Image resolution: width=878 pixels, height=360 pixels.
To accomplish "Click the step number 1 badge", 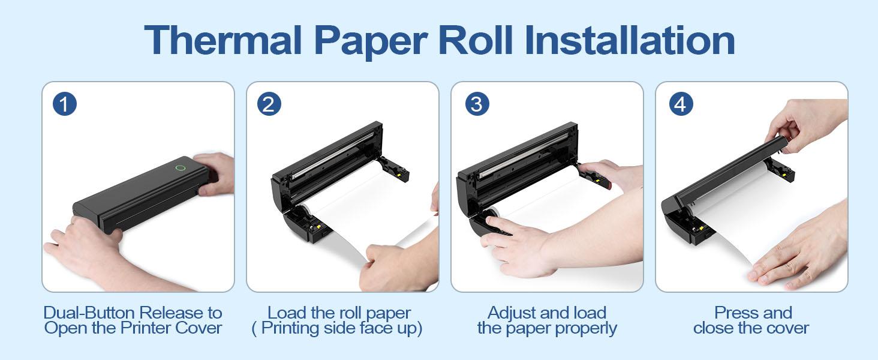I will click(65, 104).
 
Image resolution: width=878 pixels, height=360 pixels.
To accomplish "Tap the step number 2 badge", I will click(269, 104).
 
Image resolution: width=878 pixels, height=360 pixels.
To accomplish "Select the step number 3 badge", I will click(477, 104).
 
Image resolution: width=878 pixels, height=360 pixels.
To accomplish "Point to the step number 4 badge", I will click(681, 104).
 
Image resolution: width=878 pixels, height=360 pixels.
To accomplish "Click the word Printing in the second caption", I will click(294, 328).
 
